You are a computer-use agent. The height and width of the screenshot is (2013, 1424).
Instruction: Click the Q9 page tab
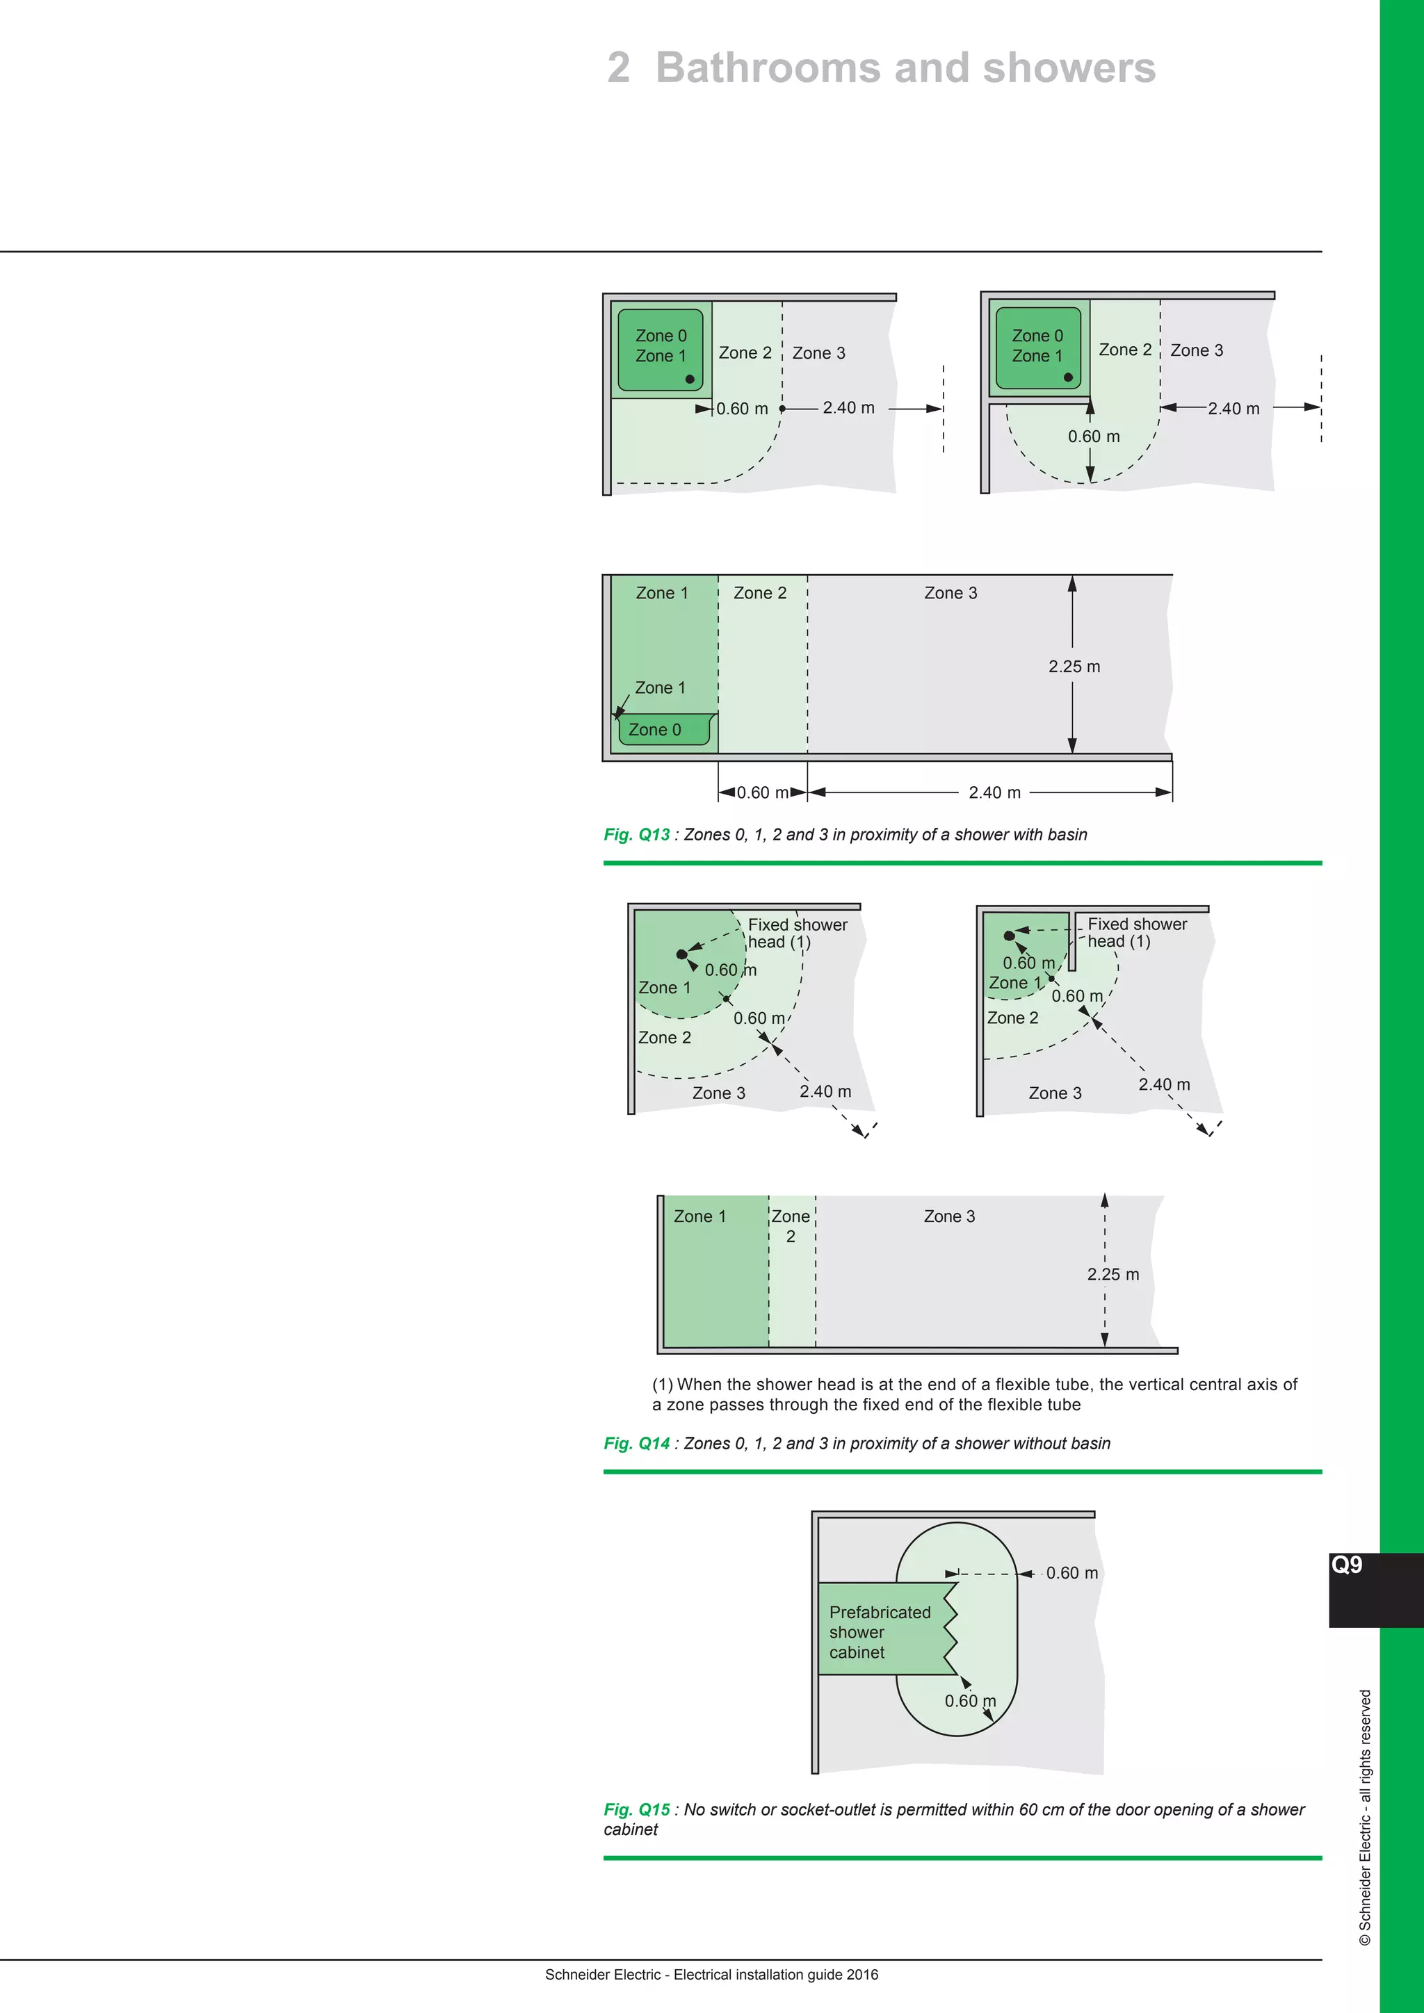tap(1347, 1565)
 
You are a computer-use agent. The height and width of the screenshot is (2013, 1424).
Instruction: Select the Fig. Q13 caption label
tap(637, 835)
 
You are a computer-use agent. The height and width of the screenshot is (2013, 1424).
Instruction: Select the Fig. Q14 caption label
tap(637, 1443)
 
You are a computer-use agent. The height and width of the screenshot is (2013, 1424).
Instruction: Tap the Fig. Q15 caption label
tap(637, 1809)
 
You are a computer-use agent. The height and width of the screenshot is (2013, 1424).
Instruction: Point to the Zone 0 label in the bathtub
tap(654, 729)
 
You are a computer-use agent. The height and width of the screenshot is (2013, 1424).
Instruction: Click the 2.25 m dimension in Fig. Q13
tap(1074, 667)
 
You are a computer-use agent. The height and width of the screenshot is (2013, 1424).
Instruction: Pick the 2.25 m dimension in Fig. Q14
tap(1112, 1274)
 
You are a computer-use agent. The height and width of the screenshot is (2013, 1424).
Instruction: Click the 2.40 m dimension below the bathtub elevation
tap(994, 792)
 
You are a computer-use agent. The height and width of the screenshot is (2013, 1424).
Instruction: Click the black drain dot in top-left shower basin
tap(689, 380)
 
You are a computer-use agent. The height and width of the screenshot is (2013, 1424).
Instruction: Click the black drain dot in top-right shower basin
tap(1068, 377)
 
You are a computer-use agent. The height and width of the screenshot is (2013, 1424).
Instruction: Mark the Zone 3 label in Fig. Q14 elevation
tap(948, 1216)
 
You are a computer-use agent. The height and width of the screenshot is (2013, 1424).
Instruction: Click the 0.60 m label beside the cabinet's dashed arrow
tap(1071, 1573)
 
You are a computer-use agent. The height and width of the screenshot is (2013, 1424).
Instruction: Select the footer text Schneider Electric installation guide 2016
tap(711, 1975)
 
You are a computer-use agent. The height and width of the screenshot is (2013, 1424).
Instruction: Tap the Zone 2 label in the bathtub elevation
tap(759, 593)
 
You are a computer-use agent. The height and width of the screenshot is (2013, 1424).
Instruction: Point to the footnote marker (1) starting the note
tap(662, 1385)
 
